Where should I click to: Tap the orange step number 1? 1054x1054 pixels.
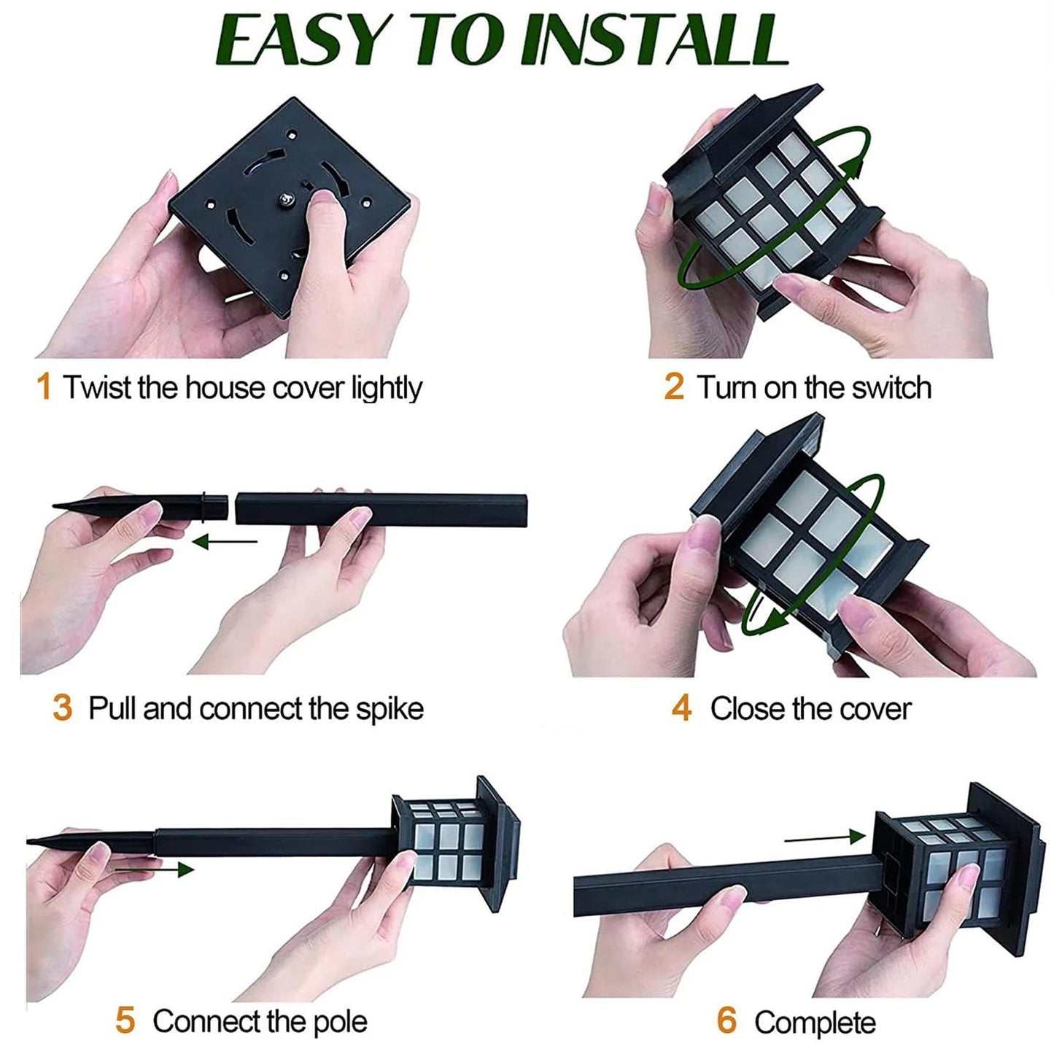coord(44,387)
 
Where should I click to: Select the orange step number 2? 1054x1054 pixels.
coord(673,387)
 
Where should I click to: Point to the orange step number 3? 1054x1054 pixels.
coord(62,708)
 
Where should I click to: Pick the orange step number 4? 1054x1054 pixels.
coord(681,708)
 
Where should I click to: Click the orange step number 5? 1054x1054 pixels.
coord(125,1020)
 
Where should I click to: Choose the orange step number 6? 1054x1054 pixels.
coord(726,1020)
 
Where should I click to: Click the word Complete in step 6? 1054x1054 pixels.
coord(815,1023)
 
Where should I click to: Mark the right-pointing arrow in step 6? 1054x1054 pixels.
coord(824,838)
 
